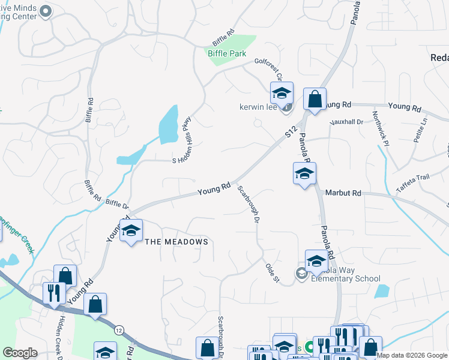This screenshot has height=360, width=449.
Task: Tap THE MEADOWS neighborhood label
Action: pos(177,242)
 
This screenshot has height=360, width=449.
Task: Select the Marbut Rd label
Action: pos(343,193)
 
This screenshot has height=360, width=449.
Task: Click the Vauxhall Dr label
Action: pos(347,122)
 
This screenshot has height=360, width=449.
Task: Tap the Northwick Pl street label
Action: pos(380,129)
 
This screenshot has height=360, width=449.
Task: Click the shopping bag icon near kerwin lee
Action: pos(315,99)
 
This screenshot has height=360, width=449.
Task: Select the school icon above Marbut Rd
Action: pos(304,174)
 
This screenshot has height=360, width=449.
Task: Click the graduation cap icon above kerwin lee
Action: pos(281,93)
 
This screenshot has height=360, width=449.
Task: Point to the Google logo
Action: pos(20,353)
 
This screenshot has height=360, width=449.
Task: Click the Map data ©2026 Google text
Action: pos(411,355)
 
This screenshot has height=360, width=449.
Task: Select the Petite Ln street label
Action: pos(420,130)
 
